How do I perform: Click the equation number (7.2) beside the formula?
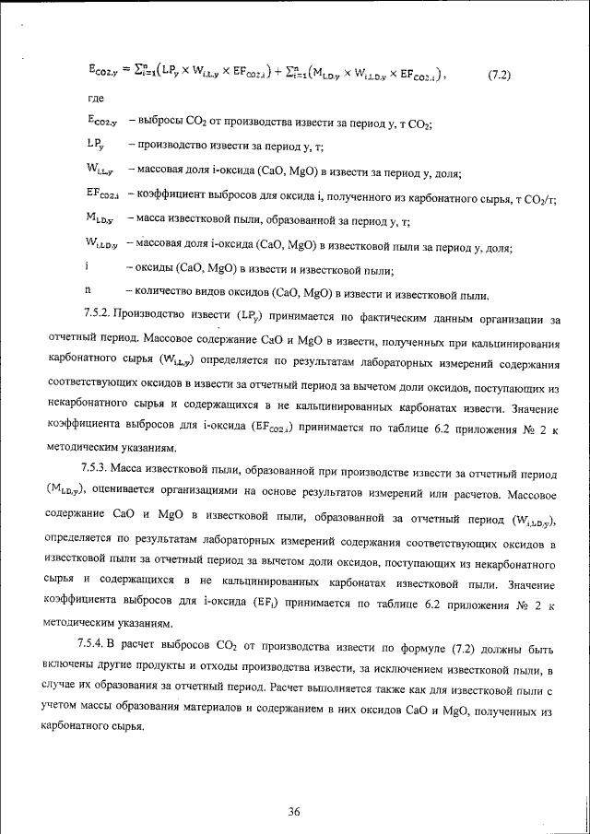500,76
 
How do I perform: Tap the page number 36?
294,785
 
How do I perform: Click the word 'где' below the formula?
95,99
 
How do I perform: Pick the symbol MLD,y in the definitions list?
99,219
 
